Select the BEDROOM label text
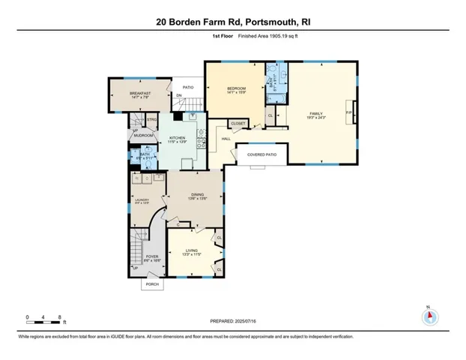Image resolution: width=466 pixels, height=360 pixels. coord(237,89)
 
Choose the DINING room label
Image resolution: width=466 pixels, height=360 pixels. coord(197,195)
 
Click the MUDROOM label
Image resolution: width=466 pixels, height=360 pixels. coord(145,136)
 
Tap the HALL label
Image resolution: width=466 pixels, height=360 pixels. coord(225,139)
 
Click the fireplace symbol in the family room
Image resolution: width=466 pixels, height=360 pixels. coord(353,113)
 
